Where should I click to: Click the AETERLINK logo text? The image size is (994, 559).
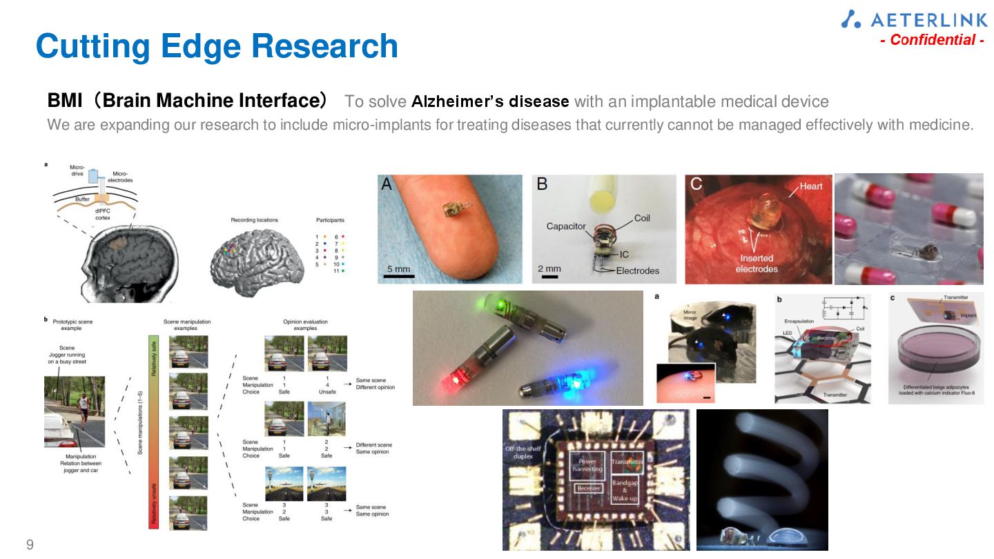[924, 19]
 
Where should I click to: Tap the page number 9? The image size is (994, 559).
[30, 545]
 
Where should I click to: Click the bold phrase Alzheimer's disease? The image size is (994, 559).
[490, 102]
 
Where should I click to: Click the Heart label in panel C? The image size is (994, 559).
[811, 186]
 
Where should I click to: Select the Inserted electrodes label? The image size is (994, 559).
[757, 263]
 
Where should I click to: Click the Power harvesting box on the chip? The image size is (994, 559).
[587, 464]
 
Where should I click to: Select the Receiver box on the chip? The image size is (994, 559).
[588, 489]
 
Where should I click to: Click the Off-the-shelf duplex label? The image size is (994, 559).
[523, 453]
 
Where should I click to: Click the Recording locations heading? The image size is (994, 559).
[254, 220]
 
